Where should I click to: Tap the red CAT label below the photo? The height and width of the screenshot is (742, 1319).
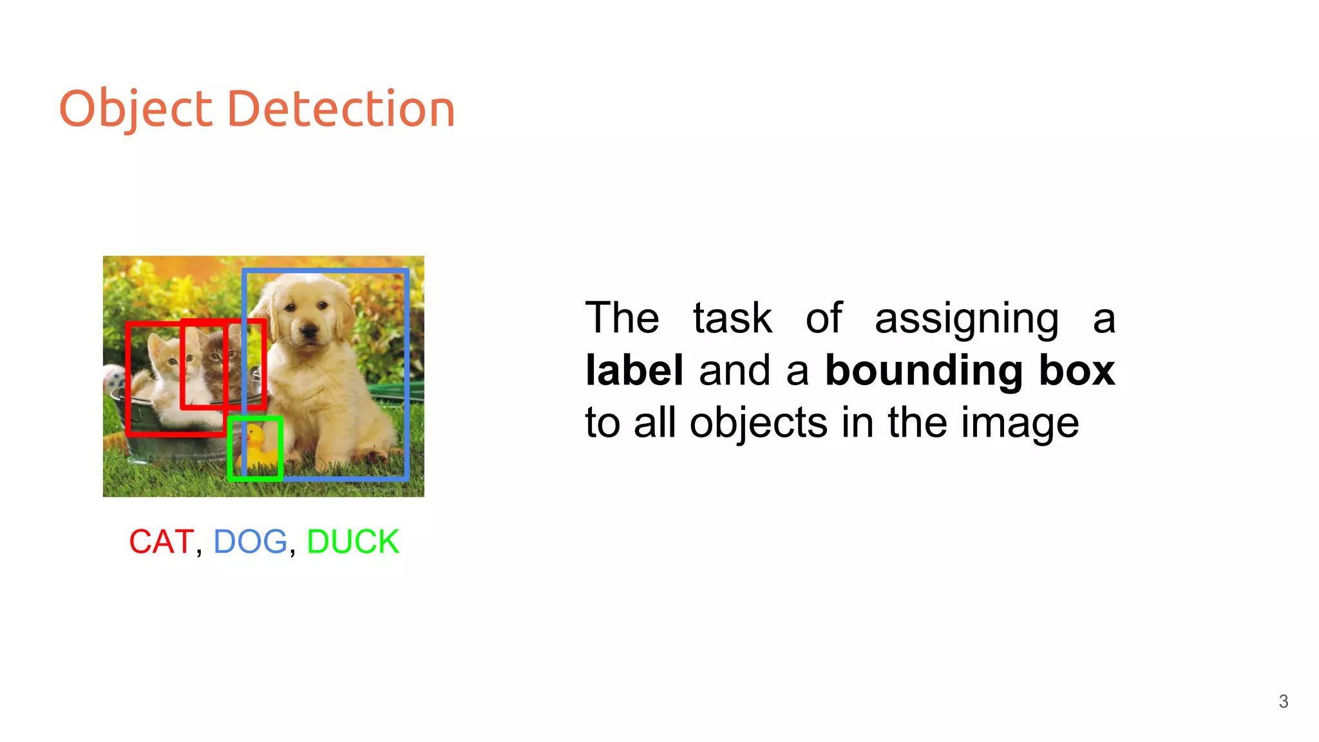tap(161, 541)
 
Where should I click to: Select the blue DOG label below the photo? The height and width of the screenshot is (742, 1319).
tap(250, 541)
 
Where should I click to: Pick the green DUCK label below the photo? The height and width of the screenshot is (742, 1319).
tap(353, 541)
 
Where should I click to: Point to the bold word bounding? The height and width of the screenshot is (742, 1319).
tap(924, 372)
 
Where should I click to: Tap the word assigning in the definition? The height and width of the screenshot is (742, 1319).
tap(966, 319)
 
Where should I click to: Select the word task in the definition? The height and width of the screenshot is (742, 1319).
tap(732, 318)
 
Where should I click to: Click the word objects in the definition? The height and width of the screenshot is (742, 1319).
tap(758, 424)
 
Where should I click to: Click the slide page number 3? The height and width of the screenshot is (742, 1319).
tap(1283, 701)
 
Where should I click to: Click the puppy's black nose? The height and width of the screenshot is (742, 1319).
tap(310, 331)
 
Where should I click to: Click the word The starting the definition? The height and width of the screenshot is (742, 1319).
tap(622, 318)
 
